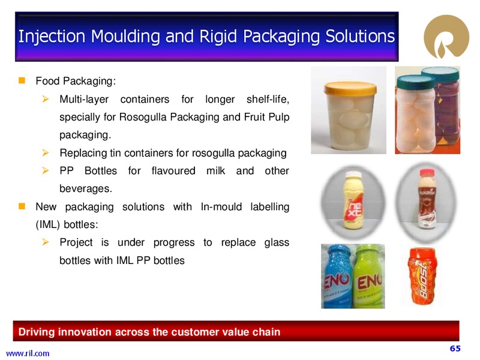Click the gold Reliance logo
pos(446,37)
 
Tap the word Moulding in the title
pos(125,36)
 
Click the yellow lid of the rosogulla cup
pos(350,88)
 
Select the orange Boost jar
pos(423,277)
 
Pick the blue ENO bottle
pos(338,276)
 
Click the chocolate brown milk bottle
pos(427,199)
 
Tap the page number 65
pos(455,349)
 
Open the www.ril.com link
pos(28,353)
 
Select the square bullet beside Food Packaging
pos(22,80)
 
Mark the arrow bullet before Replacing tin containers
pos(46,152)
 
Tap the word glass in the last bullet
pos(277,242)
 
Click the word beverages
pos(86,188)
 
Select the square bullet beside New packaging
pos(22,206)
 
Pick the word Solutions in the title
pos(360,36)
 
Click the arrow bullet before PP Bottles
pos(46,170)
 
